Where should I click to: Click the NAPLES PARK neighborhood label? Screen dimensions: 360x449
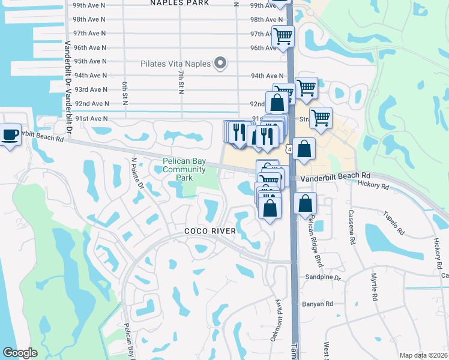click(179, 3)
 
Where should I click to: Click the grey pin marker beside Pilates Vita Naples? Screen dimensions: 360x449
click(220, 63)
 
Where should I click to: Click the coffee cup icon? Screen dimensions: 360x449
click(10, 134)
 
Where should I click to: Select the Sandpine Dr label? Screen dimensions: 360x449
click(323, 278)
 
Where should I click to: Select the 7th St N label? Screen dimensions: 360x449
click(181, 81)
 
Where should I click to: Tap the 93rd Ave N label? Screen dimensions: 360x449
click(89, 89)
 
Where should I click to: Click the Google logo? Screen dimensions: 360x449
click(19, 353)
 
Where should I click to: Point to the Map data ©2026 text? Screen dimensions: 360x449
click(424, 355)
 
